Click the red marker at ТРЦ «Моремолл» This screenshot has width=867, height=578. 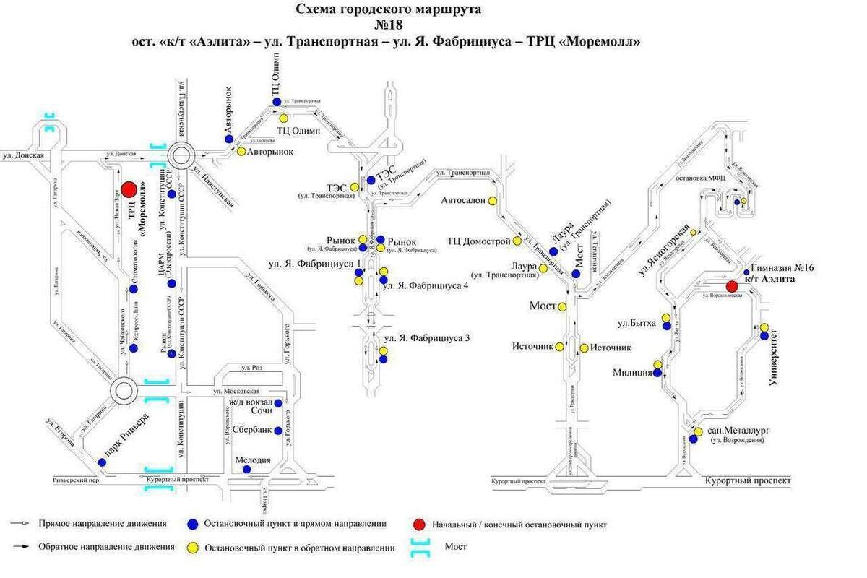coord(129,189)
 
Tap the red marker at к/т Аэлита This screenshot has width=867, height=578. coord(732,286)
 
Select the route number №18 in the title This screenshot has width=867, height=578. coord(388,25)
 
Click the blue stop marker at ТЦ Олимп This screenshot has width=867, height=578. coord(277,102)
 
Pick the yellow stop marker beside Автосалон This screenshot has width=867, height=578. coord(493,201)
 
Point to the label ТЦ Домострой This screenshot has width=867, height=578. coord(478,241)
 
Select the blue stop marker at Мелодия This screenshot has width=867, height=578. coord(246,469)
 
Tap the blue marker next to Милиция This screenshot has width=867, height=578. coord(657,373)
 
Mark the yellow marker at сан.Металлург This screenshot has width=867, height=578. coord(699,431)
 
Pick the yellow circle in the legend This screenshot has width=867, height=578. coord(192,548)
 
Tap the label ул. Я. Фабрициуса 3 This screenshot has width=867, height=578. coord(426,337)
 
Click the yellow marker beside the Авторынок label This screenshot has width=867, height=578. coord(241,152)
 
